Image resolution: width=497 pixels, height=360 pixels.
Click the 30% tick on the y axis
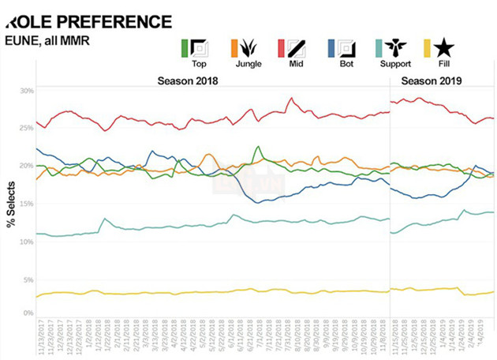(x=27, y=91)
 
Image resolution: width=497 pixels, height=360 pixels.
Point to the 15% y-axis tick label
(x=27, y=204)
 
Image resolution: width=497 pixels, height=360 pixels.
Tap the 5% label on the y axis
(x=28, y=280)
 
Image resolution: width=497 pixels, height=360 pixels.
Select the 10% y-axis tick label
(x=27, y=242)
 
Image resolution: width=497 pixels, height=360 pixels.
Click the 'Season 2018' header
(x=188, y=81)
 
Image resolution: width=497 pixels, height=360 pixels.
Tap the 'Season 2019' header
(x=431, y=81)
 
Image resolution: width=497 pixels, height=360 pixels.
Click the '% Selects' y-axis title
(x=12, y=203)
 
